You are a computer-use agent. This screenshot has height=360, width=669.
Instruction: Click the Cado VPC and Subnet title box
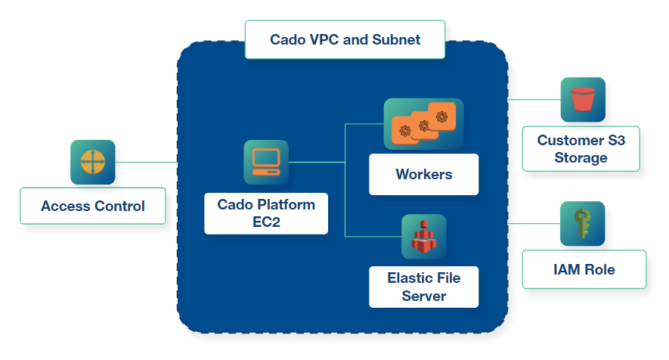click(x=345, y=39)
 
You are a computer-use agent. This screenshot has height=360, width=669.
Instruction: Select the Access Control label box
click(x=92, y=206)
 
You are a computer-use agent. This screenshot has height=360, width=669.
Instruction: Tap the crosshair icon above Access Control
click(x=92, y=162)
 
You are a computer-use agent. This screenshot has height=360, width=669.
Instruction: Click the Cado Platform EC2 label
click(x=266, y=213)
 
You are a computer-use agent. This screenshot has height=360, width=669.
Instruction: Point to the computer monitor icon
click(x=266, y=162)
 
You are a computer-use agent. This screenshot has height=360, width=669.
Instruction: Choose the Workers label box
click(x=423, y=175)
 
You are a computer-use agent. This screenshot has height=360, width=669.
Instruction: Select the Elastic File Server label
click(x=423, y=287)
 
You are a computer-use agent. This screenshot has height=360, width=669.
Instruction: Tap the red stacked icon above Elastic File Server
click(x=423, y=237)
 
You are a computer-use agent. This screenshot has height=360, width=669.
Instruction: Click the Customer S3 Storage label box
click(x=581, y=149)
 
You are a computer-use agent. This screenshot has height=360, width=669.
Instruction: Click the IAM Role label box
click(x=584, y=269)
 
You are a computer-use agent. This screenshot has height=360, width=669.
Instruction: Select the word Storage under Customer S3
click(x=581, y=158)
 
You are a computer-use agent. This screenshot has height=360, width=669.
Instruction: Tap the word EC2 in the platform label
click(x=266, y=222)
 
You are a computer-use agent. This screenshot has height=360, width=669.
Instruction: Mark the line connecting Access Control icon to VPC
click(x=146, y=162)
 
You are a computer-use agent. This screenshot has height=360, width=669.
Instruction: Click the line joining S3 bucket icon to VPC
click(x=534, y=100)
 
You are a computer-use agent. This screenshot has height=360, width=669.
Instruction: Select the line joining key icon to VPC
click(x=534, y=224)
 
